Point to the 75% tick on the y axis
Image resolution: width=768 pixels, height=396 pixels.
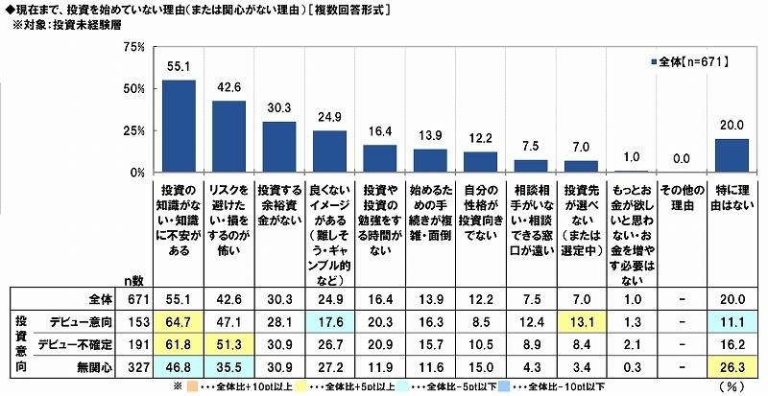click(x=132, y=46)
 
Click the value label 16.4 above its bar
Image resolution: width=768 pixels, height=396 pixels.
click(x=379, y=133)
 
